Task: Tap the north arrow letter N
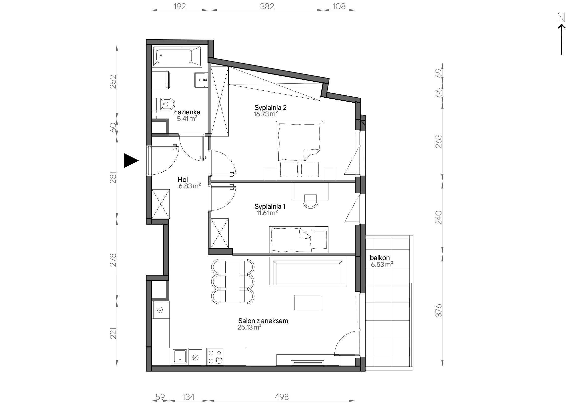click(x=561, y=17)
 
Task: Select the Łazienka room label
click(x=187, y=112)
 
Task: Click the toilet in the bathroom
click(x=167, y=104)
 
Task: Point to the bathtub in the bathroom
click(x=177, y=56)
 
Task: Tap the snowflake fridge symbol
click(x=160, y=310)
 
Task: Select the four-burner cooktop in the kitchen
click(x=215, y=356)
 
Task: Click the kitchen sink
click(x=180, y=356)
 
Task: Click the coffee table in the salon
click(x=308, y=302)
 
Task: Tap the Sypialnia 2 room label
click(x=270, y=107)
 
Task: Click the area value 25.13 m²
click(x=249, y=327)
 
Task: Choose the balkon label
click(x=380, y=258)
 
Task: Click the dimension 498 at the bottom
click(x=282, y=397)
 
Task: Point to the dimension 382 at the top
click(x=267, y=6)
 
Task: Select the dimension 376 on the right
click(x=439, y=311)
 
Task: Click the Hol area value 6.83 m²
click(x=190, y=186)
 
